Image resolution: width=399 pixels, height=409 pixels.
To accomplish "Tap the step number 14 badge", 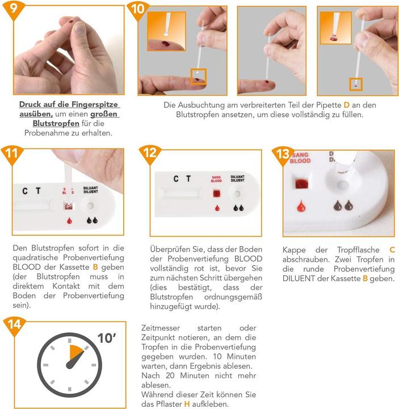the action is pos(15,325).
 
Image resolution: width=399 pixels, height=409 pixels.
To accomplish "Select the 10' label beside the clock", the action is pos(107,339).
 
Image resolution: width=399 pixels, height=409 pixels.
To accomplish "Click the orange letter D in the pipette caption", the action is pos(346,105).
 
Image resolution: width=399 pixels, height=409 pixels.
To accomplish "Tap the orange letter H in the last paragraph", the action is pos(187,404).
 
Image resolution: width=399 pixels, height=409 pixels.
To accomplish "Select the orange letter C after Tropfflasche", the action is pos(392,250).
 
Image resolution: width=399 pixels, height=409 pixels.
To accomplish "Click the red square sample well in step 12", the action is pos(217,194).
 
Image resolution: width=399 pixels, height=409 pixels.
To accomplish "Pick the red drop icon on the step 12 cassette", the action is pos(217,208).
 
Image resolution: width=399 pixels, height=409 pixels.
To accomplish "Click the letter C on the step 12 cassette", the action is pos(176,179).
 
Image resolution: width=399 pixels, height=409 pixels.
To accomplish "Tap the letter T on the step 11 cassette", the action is pos(38,191).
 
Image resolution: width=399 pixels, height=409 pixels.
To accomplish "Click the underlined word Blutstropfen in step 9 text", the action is pos(56,123).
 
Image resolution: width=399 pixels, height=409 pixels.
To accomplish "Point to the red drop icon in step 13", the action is pos(301,206).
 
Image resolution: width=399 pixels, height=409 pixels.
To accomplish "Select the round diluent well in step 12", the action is pos(237,194).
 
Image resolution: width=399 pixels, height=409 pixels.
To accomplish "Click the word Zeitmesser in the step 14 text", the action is pos(161,328).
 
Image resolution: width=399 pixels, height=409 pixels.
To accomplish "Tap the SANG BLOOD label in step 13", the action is pos(300,158).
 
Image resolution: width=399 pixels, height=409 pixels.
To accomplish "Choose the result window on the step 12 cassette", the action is pos(182,194).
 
